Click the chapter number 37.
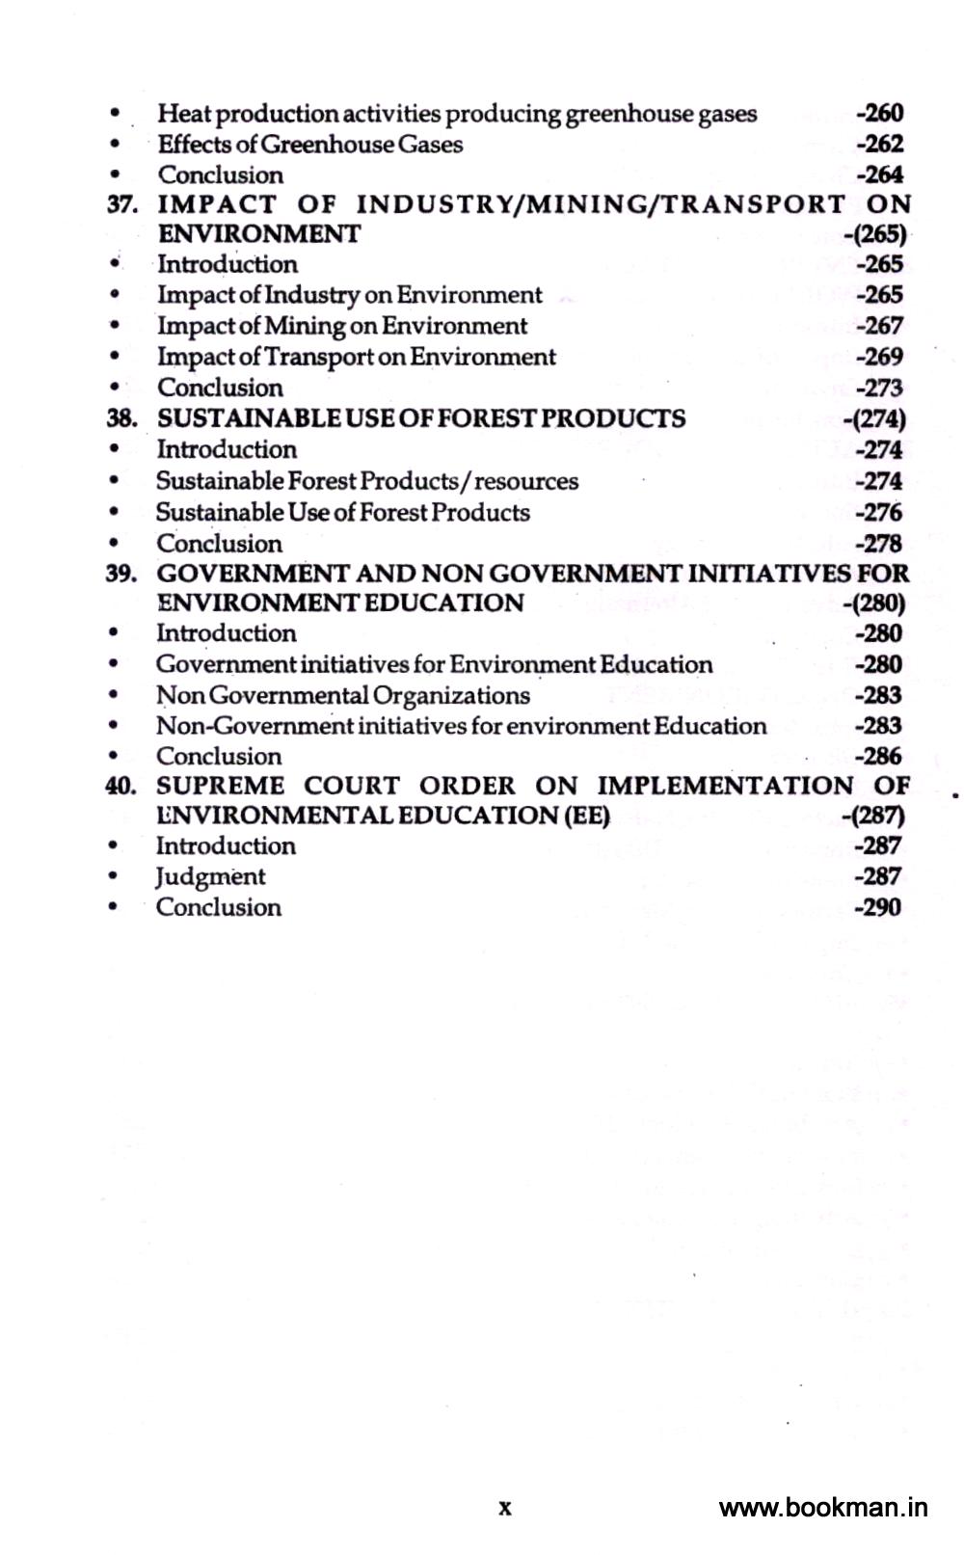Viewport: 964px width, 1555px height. (x=121, y=204)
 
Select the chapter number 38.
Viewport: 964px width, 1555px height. (x=121, y=418)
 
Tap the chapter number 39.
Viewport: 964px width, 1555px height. (x=121, y=574)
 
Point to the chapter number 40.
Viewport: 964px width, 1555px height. (x=121, y=786)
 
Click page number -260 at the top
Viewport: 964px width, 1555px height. (x=879, y=114)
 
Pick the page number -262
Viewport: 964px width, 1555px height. (x=879, y=145)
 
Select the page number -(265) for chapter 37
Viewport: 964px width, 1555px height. (x=874, y=234)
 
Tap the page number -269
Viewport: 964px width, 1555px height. (x=879, y=357)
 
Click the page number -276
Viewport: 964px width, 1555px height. (x=878, y=512)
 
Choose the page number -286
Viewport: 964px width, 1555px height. (x=878, y=756)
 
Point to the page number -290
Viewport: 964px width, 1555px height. (x=878, y=907)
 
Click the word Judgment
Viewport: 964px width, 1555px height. (x=210, y=877)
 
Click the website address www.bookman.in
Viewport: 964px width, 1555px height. (x=823, y=1508)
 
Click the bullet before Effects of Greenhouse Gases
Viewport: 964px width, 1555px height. (x=115, y=145)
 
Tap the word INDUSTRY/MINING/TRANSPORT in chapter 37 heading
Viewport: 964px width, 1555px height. (x=601, y=204)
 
